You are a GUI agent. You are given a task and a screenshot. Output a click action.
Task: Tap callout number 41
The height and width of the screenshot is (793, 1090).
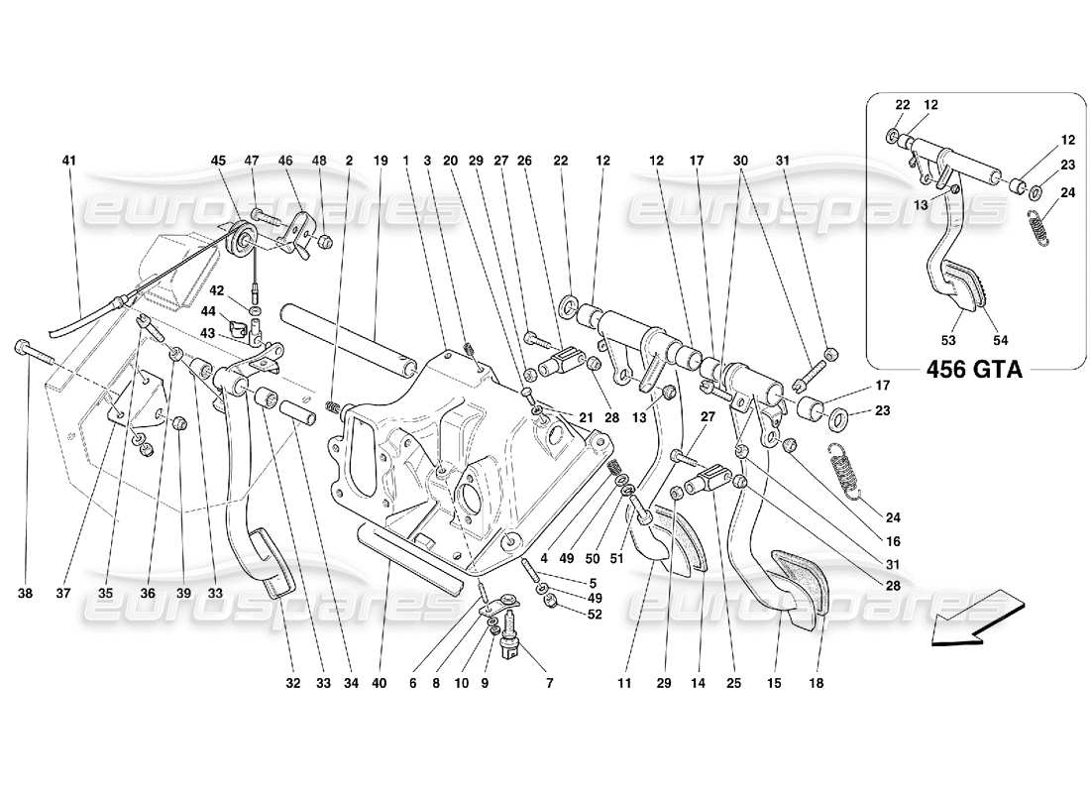pos(67,161)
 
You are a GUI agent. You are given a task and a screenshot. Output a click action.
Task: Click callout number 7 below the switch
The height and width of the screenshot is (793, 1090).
pos(548,683)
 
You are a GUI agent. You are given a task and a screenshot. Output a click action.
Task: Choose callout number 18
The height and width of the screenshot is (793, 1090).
pos(818,683)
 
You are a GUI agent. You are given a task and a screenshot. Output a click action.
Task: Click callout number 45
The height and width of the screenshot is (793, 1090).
pos(218,161)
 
